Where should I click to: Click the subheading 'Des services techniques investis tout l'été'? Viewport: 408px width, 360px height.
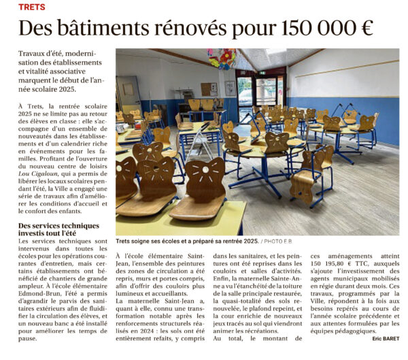[x=58, y=230]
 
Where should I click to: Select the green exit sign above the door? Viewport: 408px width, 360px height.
[x=262, y=71]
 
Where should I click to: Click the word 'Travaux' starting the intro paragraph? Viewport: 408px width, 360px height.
[x=35, y=53]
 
